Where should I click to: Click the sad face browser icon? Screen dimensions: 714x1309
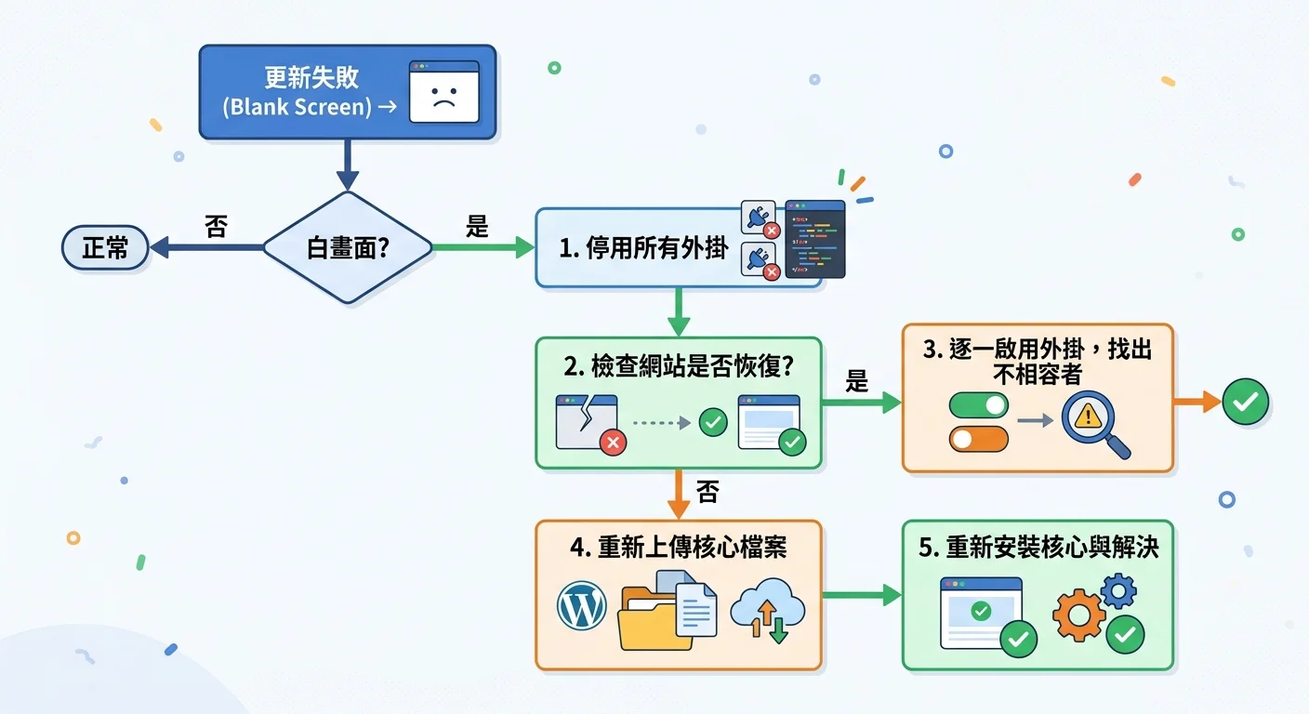pyautogui.click(x=443, y=92)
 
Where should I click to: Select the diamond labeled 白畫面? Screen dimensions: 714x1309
pyautogui.click(x=347, y=248)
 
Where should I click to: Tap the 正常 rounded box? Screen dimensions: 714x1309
pyautogui.click(x=105, y=248)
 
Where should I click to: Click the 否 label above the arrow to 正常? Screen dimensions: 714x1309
pyautogui.click(x=216, y=227)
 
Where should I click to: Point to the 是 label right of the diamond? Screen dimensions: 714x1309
pyautogui.click(x=477, y=227)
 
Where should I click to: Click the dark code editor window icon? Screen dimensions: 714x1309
pyautogui.click(x=815, y=239)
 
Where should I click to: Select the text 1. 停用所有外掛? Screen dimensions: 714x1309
pyautogui.click(x=643, y=248)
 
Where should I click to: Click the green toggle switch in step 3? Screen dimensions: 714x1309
pyautogui.click(x=978, y=404)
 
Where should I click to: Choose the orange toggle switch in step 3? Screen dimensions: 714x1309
pyautogui.click(x=978, y=439)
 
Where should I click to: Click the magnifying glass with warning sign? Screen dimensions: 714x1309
pyautogui.click(x=1091, y=423)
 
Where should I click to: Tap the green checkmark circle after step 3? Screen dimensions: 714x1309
pyautogui.click(x=1245, y=402)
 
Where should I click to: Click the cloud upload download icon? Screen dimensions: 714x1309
pyautogui.click(x=767, y=613)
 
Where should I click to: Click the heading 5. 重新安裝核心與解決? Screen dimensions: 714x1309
pyautogui.click(x=1038, y=547)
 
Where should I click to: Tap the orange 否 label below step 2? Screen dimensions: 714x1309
pyautogui.click(x=707, y=493)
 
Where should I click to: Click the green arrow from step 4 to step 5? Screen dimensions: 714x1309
pyautogui.click(x=861, y=595)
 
